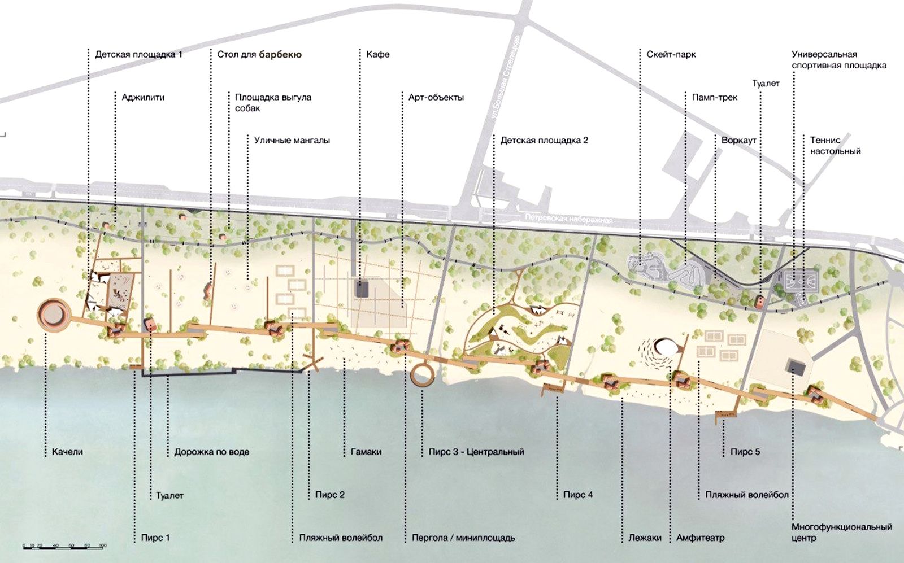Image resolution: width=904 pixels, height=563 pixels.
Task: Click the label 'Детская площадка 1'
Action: pyautogui.click(x=138, y=55)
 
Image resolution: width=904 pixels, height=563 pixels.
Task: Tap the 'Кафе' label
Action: pyautogui.click(x=377, y=55)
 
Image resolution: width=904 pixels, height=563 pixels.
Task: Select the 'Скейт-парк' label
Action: pyautogui.click(x=671, y=55)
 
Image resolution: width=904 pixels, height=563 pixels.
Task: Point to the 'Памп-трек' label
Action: pyautogui.click(x=715, y=98)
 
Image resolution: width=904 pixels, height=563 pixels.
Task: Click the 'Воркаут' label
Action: pyautogui.click(x=738, y=140)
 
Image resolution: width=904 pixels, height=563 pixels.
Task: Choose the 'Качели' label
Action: pyautogui.click(x=67, y=452)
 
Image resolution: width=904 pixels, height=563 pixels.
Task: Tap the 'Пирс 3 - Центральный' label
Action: pyautogui.click(x=476, y=452)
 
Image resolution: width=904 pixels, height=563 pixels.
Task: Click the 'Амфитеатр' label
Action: pyautogui.click(x=700, y=538)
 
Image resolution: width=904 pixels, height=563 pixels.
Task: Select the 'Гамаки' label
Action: pyautogui.click(x=366, y=452)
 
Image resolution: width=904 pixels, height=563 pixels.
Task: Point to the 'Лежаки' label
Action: pyautogui.click(x=645, y=538)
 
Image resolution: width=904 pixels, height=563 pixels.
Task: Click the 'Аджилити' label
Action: pyautogui.click(x=143, y=98)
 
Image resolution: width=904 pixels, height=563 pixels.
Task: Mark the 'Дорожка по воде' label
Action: pyautogui.click(x=211, y=452)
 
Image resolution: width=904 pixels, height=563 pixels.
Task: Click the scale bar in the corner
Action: pyautogui.click(x=64, y=546)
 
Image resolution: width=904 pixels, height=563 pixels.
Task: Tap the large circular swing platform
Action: pyautogui.click(x=54, y=315)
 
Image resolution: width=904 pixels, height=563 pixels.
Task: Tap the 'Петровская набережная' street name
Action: pyautogui.click(x=568, y=219)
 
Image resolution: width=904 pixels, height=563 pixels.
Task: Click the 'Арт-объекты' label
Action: pyautogui.click(x=436, y=98)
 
